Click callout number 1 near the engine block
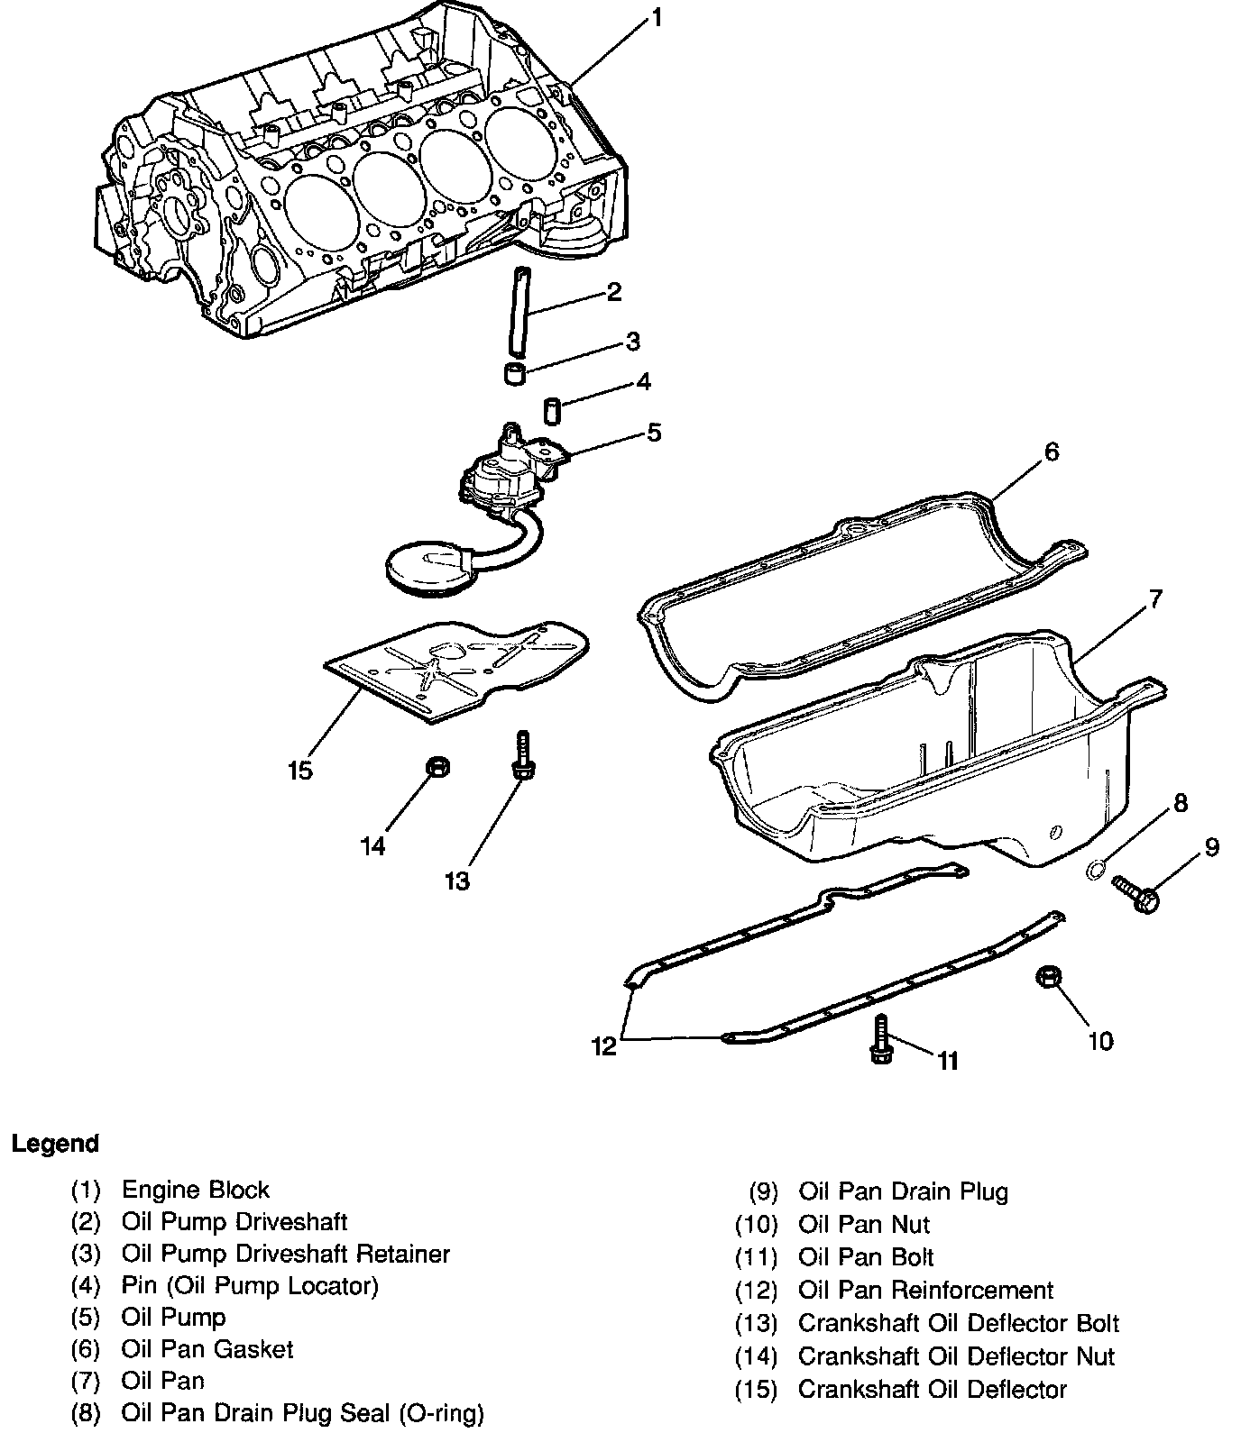click(657, 17)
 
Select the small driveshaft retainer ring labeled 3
click(514, 374)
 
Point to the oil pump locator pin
click(552, 409)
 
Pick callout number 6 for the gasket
click(1052, 452)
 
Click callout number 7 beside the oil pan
click(1155, 598)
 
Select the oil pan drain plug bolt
click(1137, 893)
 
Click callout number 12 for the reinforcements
click(603, 1045)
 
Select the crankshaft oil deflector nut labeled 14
click(438, 768)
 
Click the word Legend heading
click(55, 1144)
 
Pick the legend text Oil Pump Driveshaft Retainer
click(285, 1254)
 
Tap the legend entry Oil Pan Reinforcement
click(925, 1291)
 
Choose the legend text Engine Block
click(195, 1190)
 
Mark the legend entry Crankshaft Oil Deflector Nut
click(956, 1356)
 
